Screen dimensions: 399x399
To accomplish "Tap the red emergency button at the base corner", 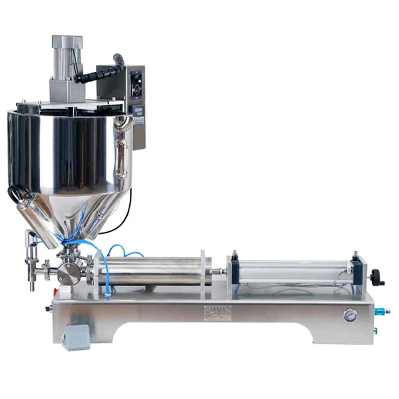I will click(x=63, y=291).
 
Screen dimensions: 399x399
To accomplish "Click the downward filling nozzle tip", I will click(x=32, y=286).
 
